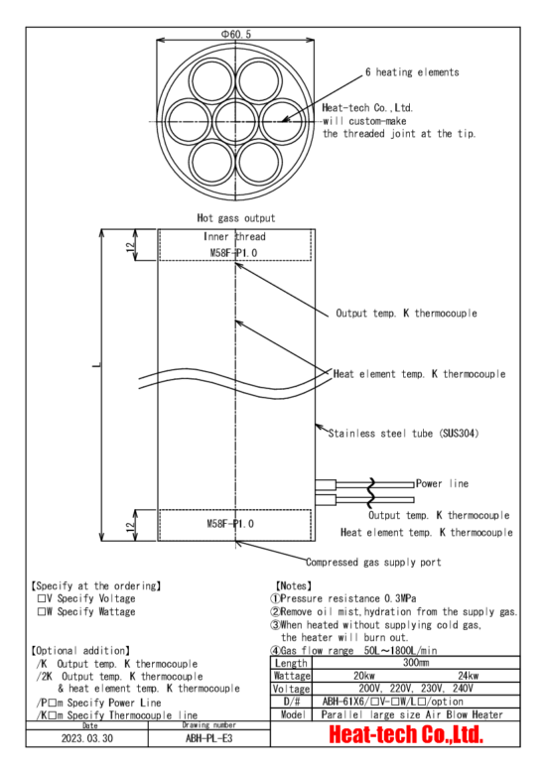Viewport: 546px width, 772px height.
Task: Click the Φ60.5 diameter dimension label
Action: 235,34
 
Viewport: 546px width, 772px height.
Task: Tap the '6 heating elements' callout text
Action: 412,72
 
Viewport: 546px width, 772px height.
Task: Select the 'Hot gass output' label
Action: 236,217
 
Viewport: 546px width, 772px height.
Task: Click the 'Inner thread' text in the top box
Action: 234,236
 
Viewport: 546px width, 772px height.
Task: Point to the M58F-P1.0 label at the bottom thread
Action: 230,523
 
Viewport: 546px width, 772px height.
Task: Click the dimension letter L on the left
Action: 96,365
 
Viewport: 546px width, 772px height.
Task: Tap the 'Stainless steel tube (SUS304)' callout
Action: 404,434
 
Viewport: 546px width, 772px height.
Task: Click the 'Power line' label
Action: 442,483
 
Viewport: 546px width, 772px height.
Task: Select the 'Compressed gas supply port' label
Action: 373,562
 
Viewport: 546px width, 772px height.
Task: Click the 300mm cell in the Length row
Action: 416,662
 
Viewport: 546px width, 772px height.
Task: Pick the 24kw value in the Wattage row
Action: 469,676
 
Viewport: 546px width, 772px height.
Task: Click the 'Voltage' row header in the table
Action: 291,689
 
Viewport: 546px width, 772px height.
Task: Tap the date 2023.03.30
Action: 86,738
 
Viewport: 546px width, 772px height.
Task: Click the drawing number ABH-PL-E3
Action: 208,738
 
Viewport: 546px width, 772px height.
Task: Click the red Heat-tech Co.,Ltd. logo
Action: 406,734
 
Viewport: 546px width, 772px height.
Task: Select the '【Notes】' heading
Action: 294,585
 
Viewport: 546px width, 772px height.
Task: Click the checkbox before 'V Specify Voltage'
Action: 42,598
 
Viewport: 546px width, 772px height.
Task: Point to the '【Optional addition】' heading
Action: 81,650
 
